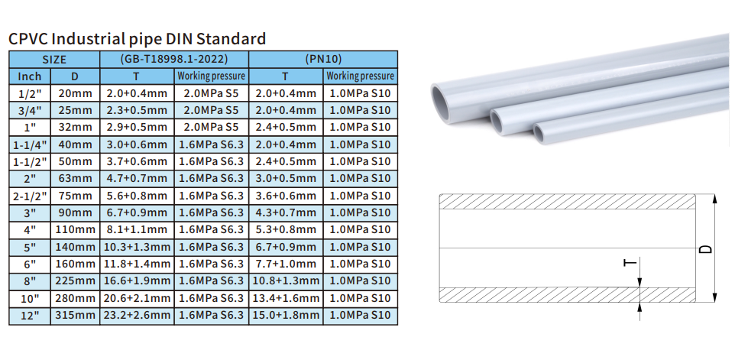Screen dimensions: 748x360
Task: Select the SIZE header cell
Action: [54, 59]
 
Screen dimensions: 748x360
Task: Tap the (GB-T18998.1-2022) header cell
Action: [174, 59]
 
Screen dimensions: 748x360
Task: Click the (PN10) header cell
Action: [323, 59]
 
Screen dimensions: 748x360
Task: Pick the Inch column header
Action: [30, 76]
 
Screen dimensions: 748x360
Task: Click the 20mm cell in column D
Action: [75, 93]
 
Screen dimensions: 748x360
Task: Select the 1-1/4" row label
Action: [30, 144]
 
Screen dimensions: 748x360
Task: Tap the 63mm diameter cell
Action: [75, 179]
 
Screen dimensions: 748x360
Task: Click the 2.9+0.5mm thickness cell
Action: [137, 128]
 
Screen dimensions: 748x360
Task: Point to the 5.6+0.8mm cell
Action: [137, 196]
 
